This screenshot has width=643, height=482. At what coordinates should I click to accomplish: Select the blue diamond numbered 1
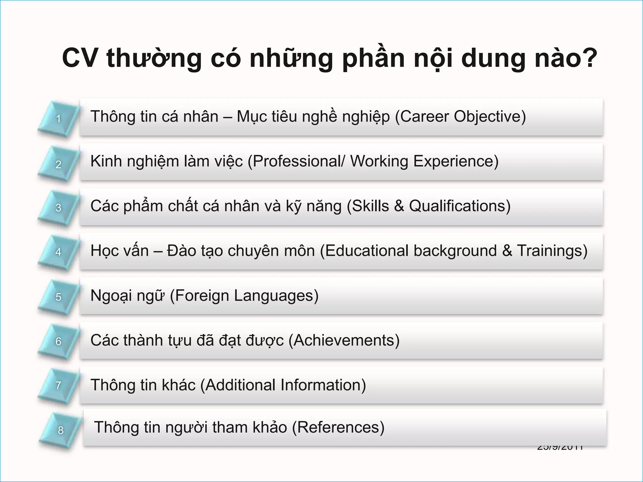(58, 119)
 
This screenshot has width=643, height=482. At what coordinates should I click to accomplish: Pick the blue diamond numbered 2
(58, 164)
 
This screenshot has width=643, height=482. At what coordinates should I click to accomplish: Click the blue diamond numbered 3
(58, 207)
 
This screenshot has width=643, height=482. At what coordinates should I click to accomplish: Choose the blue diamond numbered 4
(58, 252)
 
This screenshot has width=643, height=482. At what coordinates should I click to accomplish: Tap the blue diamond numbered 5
(58, 297)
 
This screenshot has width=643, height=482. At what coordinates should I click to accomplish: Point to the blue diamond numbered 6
(58, 341)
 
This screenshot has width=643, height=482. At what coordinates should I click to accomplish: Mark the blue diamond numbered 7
(58, 385)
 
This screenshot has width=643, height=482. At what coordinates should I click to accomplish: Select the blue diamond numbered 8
(60, 430)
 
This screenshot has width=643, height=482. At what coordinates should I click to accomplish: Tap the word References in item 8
(338, 427)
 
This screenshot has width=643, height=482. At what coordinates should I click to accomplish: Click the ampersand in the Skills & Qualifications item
(399, 206)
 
